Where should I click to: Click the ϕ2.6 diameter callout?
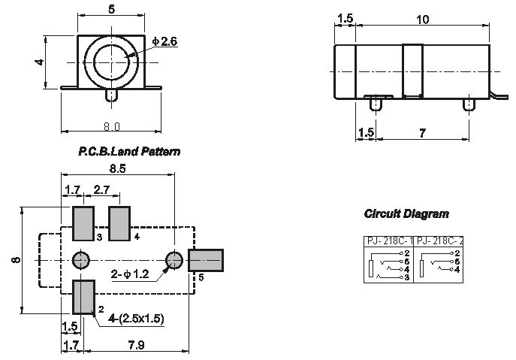(x=164, y=41)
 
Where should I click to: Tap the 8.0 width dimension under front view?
(x=112, y=126)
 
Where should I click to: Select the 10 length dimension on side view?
(x=423, y=20)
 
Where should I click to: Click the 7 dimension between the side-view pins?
(x=423, y=133)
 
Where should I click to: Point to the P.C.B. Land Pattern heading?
(x=129, y=152)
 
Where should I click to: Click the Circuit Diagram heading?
(x=406, y=213)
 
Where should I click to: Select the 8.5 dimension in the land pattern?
(x=117, y=168)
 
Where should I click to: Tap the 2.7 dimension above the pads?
(x=101, y=189)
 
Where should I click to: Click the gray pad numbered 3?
(x=83, y=224)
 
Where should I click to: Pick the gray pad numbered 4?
(x=119, y=224)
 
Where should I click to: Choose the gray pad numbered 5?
(x=206, y=261)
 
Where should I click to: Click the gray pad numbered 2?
(x=83, y=297)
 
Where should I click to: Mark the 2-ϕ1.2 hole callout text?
(x=130, y=274)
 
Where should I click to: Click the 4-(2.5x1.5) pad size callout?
(x=136, y=319)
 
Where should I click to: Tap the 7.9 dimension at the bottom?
(x=136, y=345)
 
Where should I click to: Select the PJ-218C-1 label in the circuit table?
(x=389, y=241)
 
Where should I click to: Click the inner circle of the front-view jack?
(x=110, y=62)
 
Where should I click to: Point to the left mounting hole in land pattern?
(x=80, y=261)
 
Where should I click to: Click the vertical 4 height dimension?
(x=40, y=62)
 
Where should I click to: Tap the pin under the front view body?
(x=112, y=95)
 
